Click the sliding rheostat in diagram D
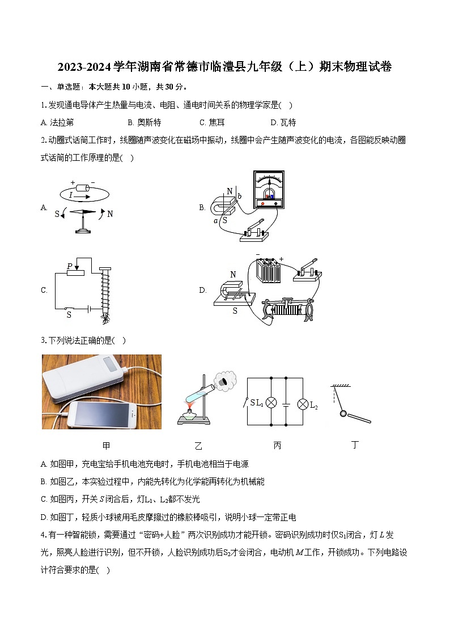tap(289, 309)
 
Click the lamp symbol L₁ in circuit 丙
tap(271, 403)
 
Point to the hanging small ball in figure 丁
tap(343, 414)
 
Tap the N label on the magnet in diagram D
tap(232, 275)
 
